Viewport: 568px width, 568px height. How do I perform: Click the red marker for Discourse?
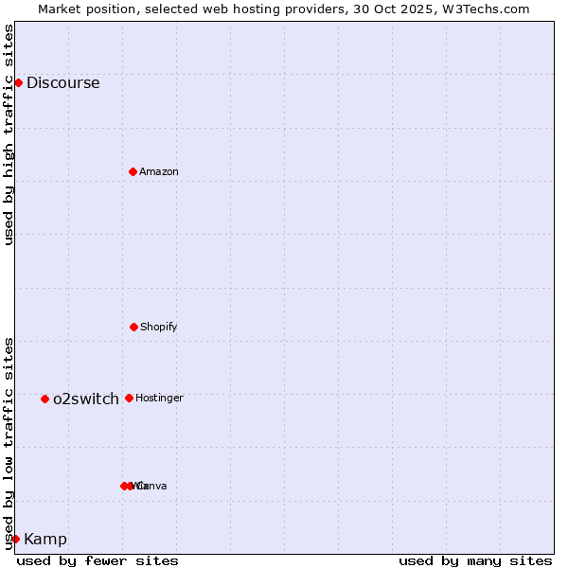coord(18,82)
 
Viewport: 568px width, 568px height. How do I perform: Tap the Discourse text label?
coord(62,82)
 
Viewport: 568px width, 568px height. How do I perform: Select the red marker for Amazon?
coord(133,171)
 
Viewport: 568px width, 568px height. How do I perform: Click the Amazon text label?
coord(159,171)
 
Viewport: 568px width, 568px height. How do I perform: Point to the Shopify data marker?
coord(133,327)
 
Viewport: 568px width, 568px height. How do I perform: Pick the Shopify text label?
coord(159,327)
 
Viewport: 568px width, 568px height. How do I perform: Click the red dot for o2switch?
coord(44,399)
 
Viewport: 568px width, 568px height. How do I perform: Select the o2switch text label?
coord(86,399)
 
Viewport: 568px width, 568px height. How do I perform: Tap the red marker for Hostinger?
coord(129,398)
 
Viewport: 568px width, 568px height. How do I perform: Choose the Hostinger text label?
coord(159,398)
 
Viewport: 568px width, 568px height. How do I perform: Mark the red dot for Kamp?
coord(15,539)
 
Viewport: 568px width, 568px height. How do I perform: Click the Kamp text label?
coord(45,539)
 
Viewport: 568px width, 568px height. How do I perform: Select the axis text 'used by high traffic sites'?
coord(9,134)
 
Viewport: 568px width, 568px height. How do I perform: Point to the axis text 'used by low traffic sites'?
coord(9,443)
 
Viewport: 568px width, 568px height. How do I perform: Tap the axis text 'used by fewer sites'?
coord(98,560)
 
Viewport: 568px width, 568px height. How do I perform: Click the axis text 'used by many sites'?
coord(475,560)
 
